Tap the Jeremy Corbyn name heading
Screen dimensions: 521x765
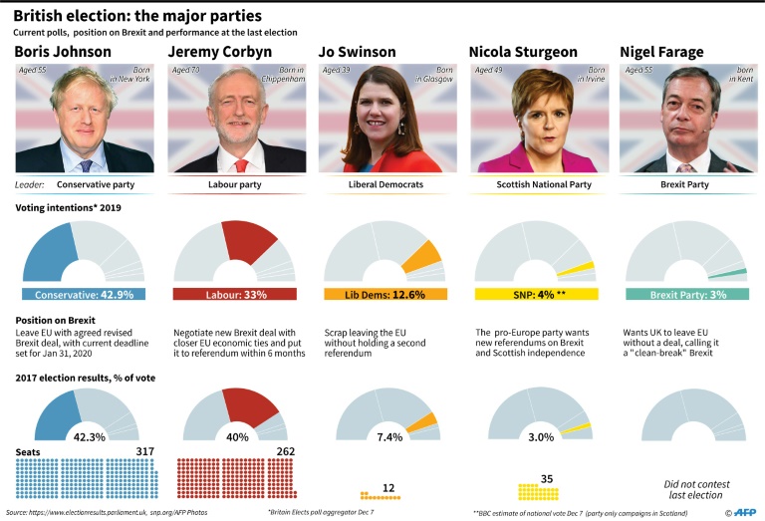point(222,52)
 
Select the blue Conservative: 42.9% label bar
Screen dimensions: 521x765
point(84,295)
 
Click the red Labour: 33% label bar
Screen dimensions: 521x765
point(235,295)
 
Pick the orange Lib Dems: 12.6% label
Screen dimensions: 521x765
point(385,295)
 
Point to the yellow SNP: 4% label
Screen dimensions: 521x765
point(536,295)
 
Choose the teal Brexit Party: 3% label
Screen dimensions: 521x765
point(687,295)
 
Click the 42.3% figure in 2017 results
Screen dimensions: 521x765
point(84,436)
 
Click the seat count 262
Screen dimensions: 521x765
point(285,451)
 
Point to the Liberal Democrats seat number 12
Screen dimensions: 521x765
point(388,488)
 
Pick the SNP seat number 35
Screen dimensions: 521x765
point(546,479)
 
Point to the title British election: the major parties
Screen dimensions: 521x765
point(138,16)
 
